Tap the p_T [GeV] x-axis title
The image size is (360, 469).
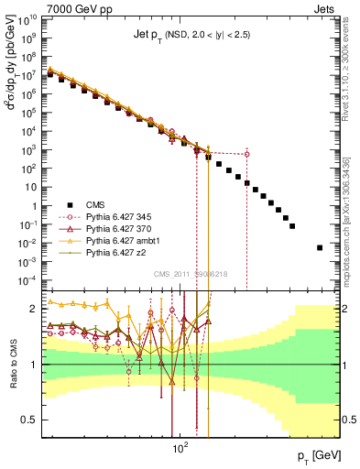point(315,455)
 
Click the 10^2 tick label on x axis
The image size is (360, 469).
point(180,450)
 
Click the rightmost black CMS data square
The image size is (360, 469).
point(320,247)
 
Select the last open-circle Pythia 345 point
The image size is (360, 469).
point(246,154)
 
